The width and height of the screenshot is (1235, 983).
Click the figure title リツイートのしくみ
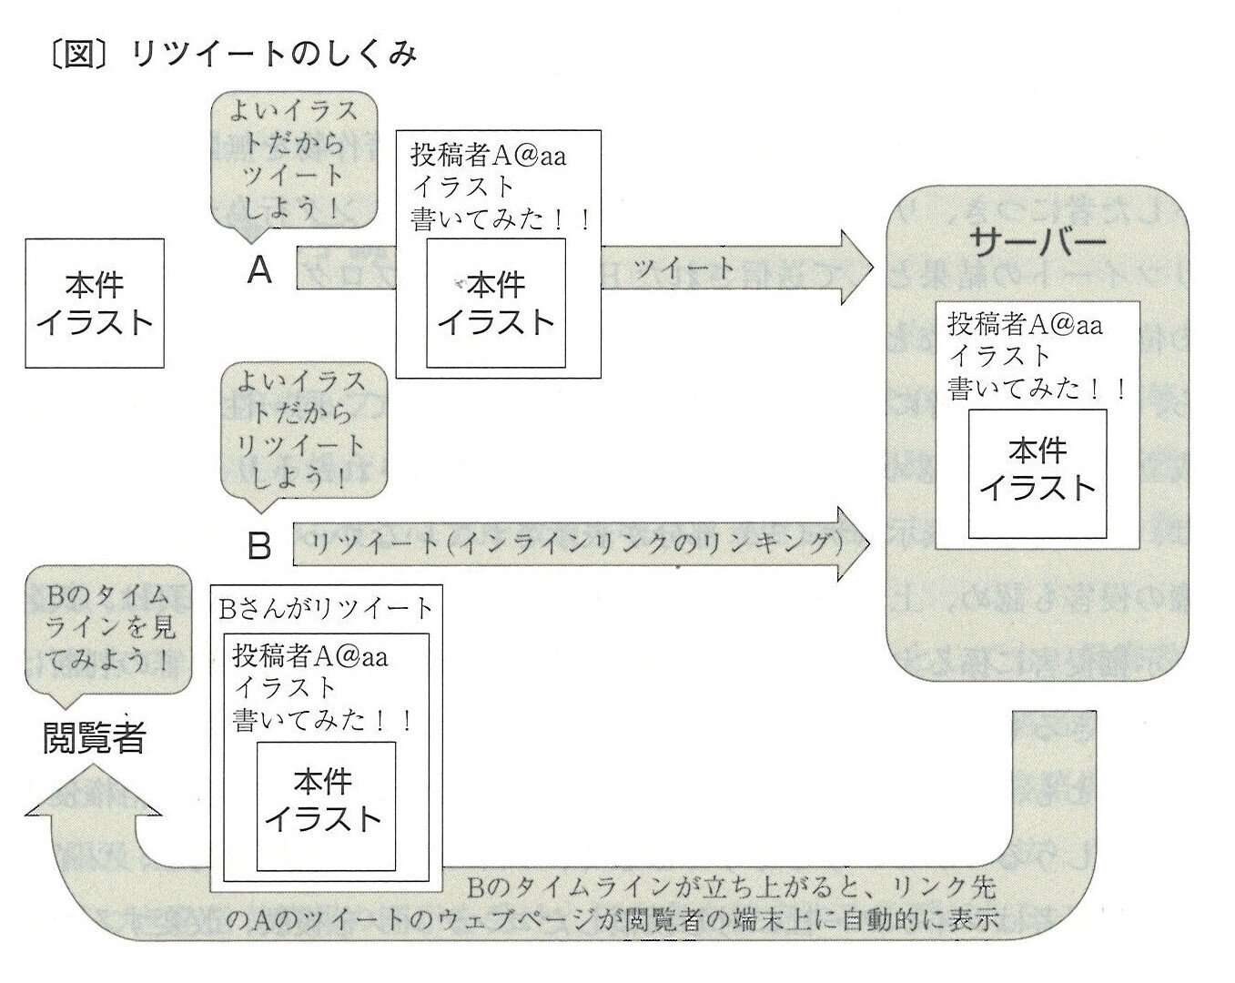[x=273, y=55]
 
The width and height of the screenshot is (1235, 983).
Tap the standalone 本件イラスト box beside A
[x=95, y=303]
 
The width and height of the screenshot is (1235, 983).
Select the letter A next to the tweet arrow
[x=260, y=269]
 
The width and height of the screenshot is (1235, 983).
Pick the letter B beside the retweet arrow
[x=260, y=545]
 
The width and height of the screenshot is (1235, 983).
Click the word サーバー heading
[x=1038, y=241]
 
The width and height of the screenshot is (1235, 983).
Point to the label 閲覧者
[x=95, y=737]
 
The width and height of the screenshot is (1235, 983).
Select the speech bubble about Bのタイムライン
[x=109, y=630]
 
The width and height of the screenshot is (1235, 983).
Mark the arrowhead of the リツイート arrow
[x=854, y=543]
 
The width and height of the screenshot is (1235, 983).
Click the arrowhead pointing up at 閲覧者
[x=93, y=792]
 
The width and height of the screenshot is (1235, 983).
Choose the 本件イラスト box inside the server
[x=1038, y=472]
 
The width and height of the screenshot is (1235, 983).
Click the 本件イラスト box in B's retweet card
[x=326, y=805]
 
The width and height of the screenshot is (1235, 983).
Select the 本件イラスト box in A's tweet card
[x=495, y=303]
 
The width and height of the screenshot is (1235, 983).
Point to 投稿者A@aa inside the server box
[x=1025, y=324]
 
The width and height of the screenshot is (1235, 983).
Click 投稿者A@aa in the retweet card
[x=309, y=656]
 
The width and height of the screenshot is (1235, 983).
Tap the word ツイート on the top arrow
[x=683, y=268]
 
